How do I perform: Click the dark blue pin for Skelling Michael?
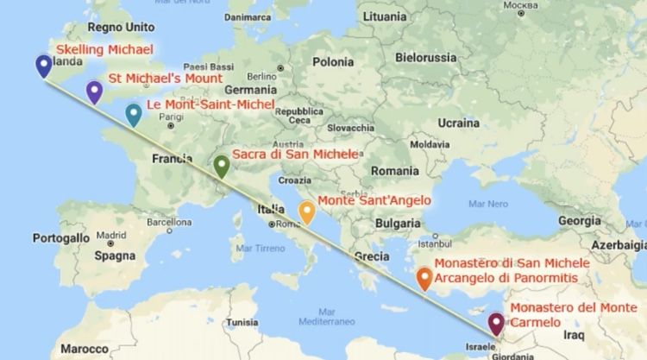(x=41, y=66)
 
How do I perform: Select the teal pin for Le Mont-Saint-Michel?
(x=133, y=115)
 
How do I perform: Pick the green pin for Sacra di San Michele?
(x=222, y=165)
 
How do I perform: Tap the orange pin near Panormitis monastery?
(x=424, y=278)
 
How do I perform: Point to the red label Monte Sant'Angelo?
(x=374, y=201)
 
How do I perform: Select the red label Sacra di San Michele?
(x=294, y=154)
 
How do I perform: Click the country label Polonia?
(x=333, y=62)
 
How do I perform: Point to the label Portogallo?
(x=61, y=237)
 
